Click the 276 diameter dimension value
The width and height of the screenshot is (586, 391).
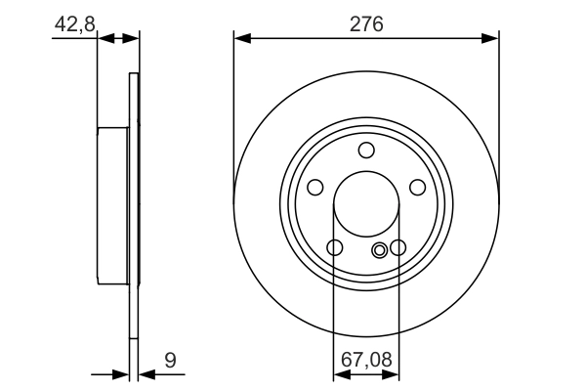click(366, 22)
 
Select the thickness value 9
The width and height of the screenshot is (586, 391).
click(170, 361)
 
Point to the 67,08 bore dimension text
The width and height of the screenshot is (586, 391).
click(366, 361)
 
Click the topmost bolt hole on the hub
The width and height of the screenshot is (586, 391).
click(366, 150)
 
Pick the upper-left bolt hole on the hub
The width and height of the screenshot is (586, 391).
click(314, 187)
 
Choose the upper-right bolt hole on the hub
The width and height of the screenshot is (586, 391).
click(417, 187)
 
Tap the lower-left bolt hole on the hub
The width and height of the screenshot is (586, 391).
click(334, 247)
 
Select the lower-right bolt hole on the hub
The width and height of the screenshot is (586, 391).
click(398, 247)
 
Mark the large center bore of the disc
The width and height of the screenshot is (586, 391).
click(366, 205)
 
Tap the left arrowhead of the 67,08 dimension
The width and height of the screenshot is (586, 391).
click(339, 373)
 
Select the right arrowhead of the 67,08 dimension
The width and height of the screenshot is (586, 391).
click(394, 373)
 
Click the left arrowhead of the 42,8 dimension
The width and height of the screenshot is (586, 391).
click(106, 38)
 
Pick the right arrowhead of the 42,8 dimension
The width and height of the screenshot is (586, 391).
click(132, 38)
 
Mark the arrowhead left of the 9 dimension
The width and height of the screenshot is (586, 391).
click(121, 373)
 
